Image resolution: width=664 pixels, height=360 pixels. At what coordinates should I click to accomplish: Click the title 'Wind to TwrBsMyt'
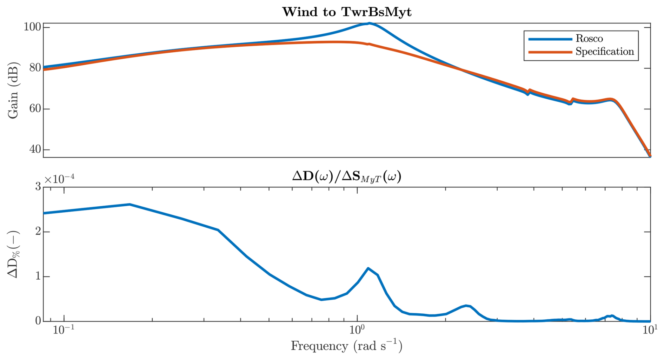pos(347,12)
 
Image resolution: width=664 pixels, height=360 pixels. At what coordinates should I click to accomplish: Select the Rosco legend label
pos(589,39)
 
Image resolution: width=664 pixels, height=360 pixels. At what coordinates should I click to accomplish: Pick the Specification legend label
pos(605,52)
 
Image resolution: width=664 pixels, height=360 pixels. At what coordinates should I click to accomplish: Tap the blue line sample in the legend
pos(550,39)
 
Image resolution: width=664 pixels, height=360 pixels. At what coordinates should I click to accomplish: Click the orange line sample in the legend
pos(550,52)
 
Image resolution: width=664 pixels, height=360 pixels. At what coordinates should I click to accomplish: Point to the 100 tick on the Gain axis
pos(32,27)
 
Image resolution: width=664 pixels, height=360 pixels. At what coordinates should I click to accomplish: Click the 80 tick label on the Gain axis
pos(35,68)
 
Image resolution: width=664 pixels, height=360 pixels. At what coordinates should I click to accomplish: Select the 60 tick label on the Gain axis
pos(35,109)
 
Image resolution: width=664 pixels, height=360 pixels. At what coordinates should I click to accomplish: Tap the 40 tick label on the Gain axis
pos(35,149)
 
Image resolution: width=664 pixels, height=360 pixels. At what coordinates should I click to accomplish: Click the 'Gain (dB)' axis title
pos(13,91)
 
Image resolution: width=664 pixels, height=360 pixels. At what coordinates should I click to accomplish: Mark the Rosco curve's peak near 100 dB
pos(369,24)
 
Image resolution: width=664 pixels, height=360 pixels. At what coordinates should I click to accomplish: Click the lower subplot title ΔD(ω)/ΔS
pos(347,176)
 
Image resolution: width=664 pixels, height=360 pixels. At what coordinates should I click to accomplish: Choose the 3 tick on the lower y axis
pos(38,187)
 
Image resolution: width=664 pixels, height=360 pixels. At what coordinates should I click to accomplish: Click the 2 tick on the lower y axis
pos(38,232)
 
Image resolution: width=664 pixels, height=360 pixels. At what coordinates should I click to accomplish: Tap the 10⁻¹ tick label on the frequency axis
pos(64,331)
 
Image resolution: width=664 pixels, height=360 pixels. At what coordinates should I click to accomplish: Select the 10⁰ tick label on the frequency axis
pos(357,331)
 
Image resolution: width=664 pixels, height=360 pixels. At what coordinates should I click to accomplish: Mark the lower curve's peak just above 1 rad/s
pos(368,268)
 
